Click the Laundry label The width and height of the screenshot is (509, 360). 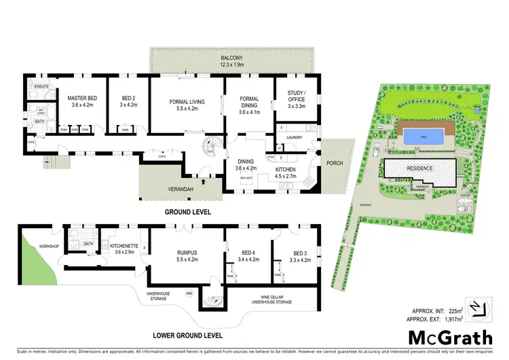coord(294,137)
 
